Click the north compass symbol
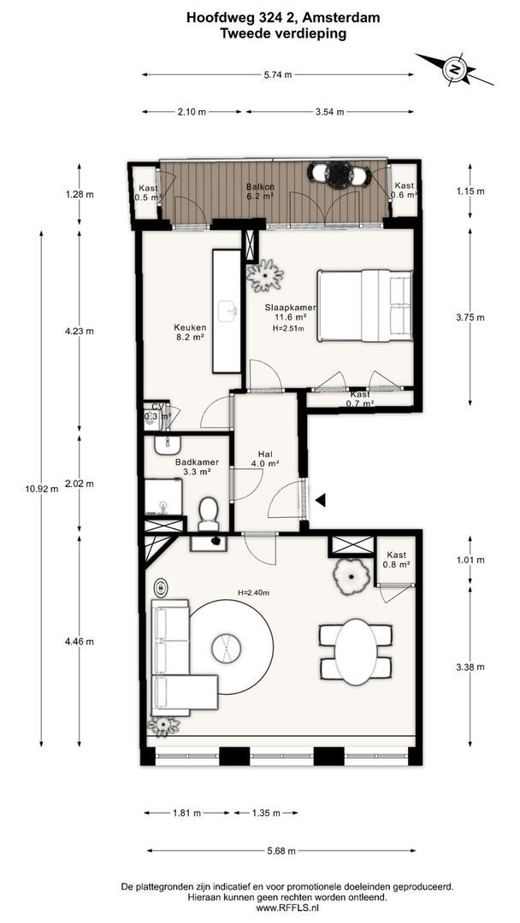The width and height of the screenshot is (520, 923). [x=455, y=69]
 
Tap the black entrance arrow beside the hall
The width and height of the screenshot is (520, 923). [x=321, y=500]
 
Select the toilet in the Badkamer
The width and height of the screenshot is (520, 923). [x=209, y=514]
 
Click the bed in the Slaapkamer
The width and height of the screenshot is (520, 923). [x=364, y=305]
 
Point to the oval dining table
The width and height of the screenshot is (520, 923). [x=356, y=651]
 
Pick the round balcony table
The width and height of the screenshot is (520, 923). [x=339, y=175]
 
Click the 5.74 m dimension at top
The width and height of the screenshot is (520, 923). [x=277, y=74]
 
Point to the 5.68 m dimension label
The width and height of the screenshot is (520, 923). [x=281, y=850]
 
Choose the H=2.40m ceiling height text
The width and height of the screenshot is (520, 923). [x=253, y=593]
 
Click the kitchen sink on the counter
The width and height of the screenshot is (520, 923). [x=227, y=310]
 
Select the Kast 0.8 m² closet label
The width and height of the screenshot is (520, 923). [x=397, y=560]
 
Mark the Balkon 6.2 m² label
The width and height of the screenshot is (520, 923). [x=259, y=192]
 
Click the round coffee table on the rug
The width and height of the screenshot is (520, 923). [x=226, y=648]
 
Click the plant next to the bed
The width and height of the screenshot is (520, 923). [x=265, y=275]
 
